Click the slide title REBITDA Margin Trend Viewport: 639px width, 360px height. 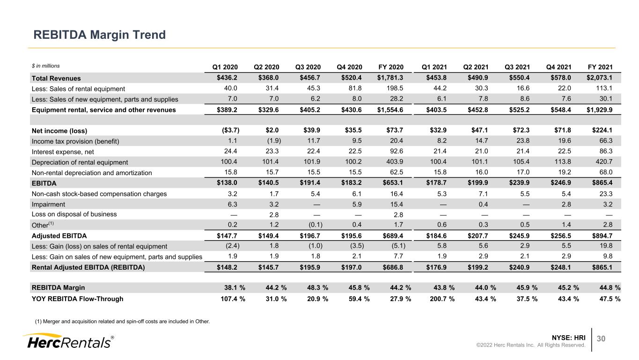[100, 35]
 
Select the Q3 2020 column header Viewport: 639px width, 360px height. [308, 67]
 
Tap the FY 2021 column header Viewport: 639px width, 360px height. [600, 67]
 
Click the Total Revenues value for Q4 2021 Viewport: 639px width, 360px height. [560, 78]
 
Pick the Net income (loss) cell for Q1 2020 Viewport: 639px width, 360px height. [230, 130]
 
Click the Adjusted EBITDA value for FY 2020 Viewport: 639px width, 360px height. [393, 235]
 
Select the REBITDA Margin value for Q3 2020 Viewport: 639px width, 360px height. [317, 287]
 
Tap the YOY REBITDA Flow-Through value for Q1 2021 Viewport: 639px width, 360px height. [442, 299]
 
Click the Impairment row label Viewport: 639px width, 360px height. [48, 204]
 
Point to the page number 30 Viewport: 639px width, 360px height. [601, 338]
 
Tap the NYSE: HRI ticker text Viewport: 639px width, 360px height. [568, 338]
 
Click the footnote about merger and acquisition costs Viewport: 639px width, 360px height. [122, 322]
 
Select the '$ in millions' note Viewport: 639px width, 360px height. [46, 66]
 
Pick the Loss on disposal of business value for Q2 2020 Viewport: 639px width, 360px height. [274, 214]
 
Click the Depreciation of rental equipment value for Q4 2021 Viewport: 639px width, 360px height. [563, 162]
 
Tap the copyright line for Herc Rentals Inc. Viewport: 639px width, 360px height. [530, 345]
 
